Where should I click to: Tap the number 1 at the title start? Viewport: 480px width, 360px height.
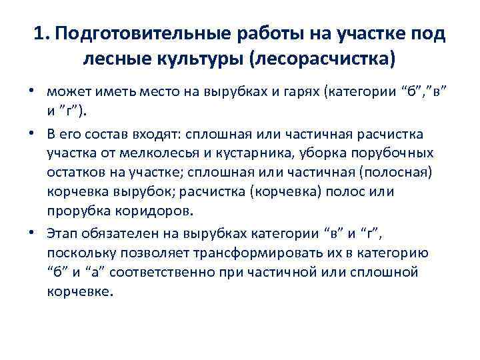39,33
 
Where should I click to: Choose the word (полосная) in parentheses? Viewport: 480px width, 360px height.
395,173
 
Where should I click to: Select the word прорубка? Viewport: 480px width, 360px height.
77,211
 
